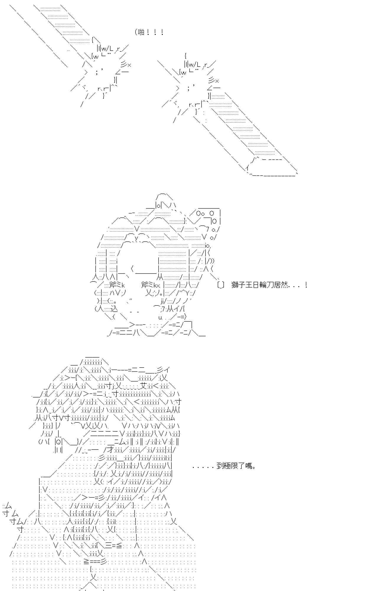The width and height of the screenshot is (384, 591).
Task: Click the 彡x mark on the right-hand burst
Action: (214, 80)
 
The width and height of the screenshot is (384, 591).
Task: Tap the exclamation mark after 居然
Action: (306, 285)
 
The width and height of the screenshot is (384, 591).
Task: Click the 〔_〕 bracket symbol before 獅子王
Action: (221, 285)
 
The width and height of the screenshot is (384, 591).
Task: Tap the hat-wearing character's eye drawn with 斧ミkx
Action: (151, 285)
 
